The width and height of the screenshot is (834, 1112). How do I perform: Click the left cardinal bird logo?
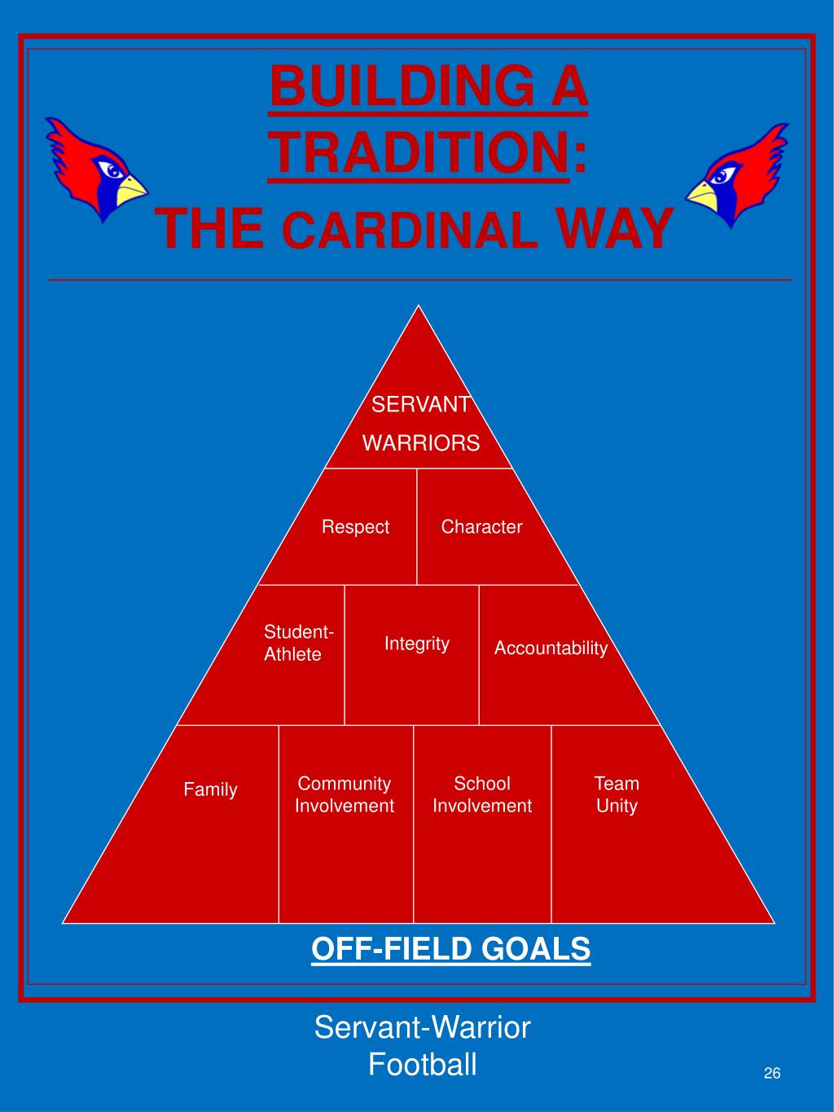point(94,169)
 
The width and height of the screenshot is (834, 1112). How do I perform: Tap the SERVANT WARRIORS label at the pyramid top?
point(421,424)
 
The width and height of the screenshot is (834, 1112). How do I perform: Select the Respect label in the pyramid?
point(355,527)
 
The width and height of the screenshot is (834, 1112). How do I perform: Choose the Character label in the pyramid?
point(481,527)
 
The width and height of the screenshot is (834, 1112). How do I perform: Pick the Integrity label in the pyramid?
point(417,644)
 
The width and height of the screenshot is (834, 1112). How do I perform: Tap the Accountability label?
point(551,648)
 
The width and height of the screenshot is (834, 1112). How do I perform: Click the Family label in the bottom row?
point(210,789)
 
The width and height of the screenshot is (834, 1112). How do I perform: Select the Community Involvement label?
point(345,794)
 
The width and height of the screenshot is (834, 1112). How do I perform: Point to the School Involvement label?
point(482,794)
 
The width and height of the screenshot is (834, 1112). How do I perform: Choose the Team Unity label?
point(617,794)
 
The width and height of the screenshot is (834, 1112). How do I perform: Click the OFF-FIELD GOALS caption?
point(450,949)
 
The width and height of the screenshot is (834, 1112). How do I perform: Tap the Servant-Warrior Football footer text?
point(422,1046)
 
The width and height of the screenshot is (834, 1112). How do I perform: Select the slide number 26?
point(772,1073)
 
